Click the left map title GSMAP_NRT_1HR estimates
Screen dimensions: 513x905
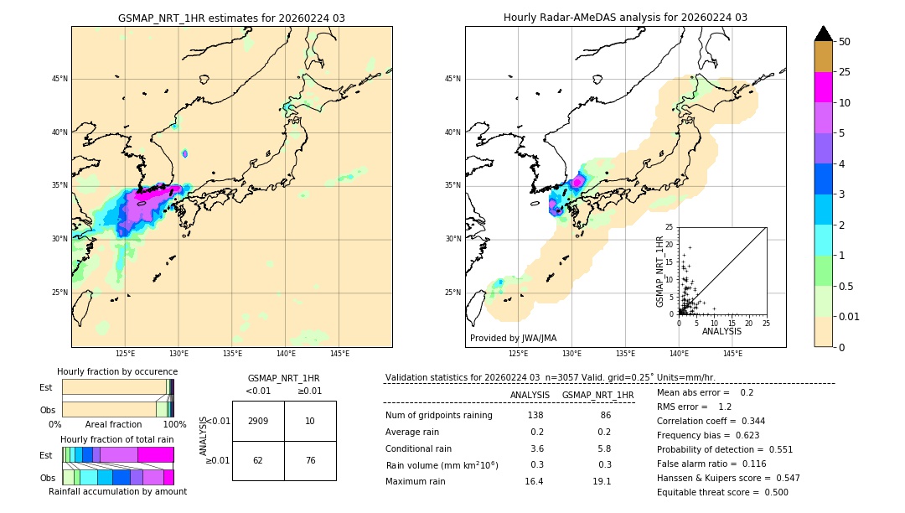pyautogui.click(x=231, y=18)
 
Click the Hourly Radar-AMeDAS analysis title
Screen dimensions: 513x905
pyautogui.click(x=625, y=18)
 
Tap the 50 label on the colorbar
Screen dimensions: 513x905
pyautogui.click(x=845, y=41)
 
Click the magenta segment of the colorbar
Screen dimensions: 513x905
pyautogui.click(x=823, y=87)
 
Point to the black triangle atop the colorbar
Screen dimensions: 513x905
pyautogui.click(x=823, y=34)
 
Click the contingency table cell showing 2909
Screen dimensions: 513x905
pyautogui.click(x=258, y=421)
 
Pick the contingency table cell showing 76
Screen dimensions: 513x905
pyautogui.click(x=310, y=460)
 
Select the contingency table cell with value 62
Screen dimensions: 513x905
pyautogui.click(x=258, y=460)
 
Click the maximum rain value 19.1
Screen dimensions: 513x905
pyautogui.click(x=602, y=481)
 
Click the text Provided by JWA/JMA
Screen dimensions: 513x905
pyautogui.click(x=513, y=338)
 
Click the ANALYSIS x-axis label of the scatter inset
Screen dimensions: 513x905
pyautogui.click(x=721, y=331)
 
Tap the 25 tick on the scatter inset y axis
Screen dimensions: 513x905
pyautogui.click(x=670, y=227)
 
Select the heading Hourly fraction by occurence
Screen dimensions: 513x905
pyautogui.click(x=117, y=371)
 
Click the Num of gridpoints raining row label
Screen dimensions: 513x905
pyautogui.click(x=439, y=415)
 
